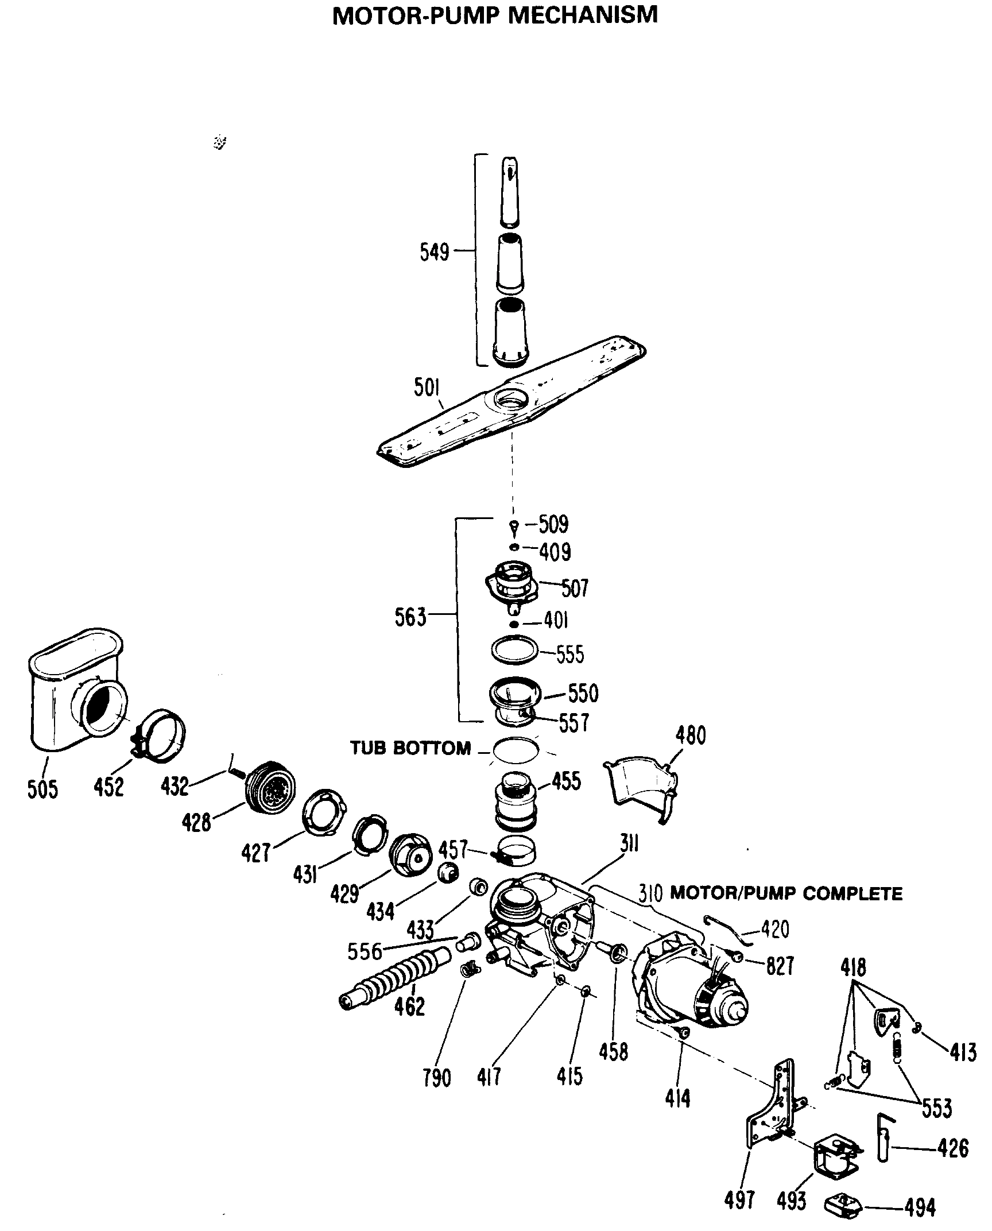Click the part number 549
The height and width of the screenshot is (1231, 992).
coord(434,252)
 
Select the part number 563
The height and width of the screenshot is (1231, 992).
coord(410,617)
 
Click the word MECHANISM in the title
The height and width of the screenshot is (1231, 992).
coord(583,16)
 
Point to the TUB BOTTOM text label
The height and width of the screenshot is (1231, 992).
coord(410,748)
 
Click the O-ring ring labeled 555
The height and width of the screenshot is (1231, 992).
coord(515,651)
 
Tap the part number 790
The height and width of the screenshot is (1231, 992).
coord(437,1078)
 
